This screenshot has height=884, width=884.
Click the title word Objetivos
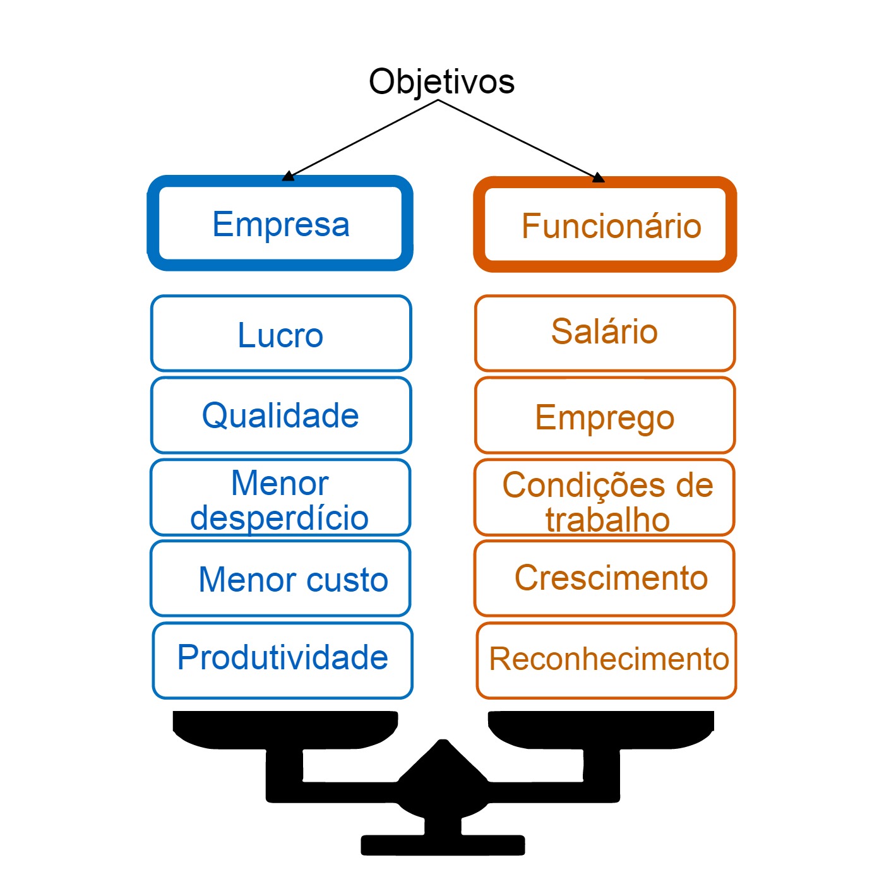(x=441, y=82)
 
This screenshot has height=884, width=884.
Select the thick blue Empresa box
(x=280, y=224)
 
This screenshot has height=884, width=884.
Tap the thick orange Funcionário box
(x=605, y=225)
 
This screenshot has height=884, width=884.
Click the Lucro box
(x=280, y=334)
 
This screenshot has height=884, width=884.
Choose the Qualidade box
(x=280, y=415)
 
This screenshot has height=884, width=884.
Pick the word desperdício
(x=279, y=518)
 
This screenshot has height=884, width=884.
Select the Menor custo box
(x=280, y=579)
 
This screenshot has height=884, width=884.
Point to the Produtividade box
(x=282, y=658)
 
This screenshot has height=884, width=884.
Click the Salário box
(x=604, y=332)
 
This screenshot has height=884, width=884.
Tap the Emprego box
(x=604, y=417)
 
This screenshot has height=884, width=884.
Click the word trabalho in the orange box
(x=607, y=520)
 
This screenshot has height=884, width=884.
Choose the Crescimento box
(x=604, y=578)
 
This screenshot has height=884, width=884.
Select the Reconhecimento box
(x=606, y=659)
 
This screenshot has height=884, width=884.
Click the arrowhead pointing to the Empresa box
(x=289, y=176)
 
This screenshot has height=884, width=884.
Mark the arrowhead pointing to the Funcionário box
(x=597, y=178)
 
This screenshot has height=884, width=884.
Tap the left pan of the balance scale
(x=285, y=730)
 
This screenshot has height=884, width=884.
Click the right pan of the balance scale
(x=600, y=730)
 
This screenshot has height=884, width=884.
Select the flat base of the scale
(x=443, y=845)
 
